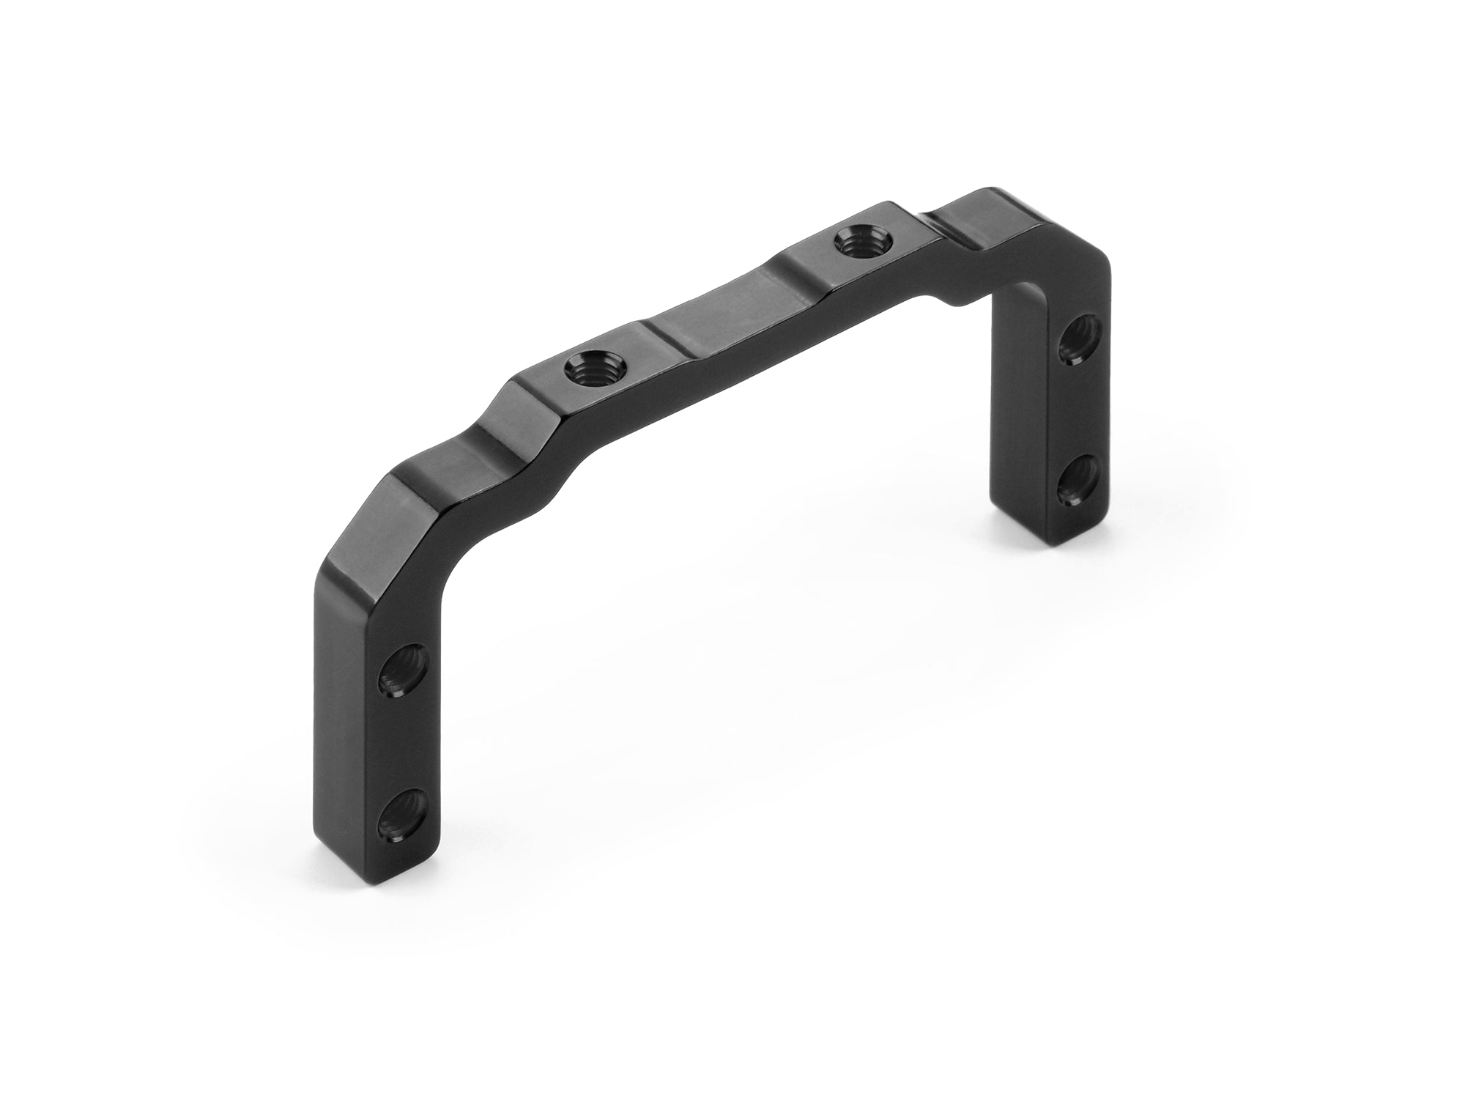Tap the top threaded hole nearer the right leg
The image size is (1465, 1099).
click(x=861, y=241)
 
